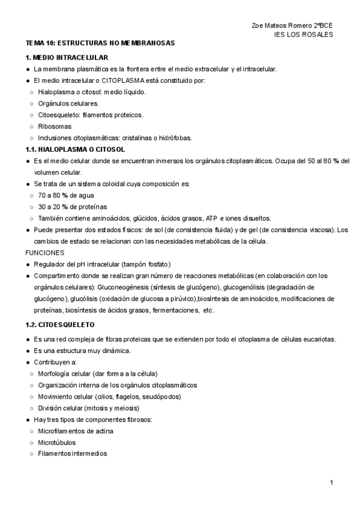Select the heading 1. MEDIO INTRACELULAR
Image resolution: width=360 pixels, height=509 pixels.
67,58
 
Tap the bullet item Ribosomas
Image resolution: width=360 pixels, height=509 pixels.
55,126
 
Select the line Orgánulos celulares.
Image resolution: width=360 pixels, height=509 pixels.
68,103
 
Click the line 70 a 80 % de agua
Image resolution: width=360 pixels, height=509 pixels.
66,195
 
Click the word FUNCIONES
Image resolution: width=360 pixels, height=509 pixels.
45,253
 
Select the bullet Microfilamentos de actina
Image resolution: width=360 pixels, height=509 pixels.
76,431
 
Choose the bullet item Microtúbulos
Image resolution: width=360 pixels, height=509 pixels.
56,442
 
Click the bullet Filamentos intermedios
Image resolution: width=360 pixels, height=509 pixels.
72,454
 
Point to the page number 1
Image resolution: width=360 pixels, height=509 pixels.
332,483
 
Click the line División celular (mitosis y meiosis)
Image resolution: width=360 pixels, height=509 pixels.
97,408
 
